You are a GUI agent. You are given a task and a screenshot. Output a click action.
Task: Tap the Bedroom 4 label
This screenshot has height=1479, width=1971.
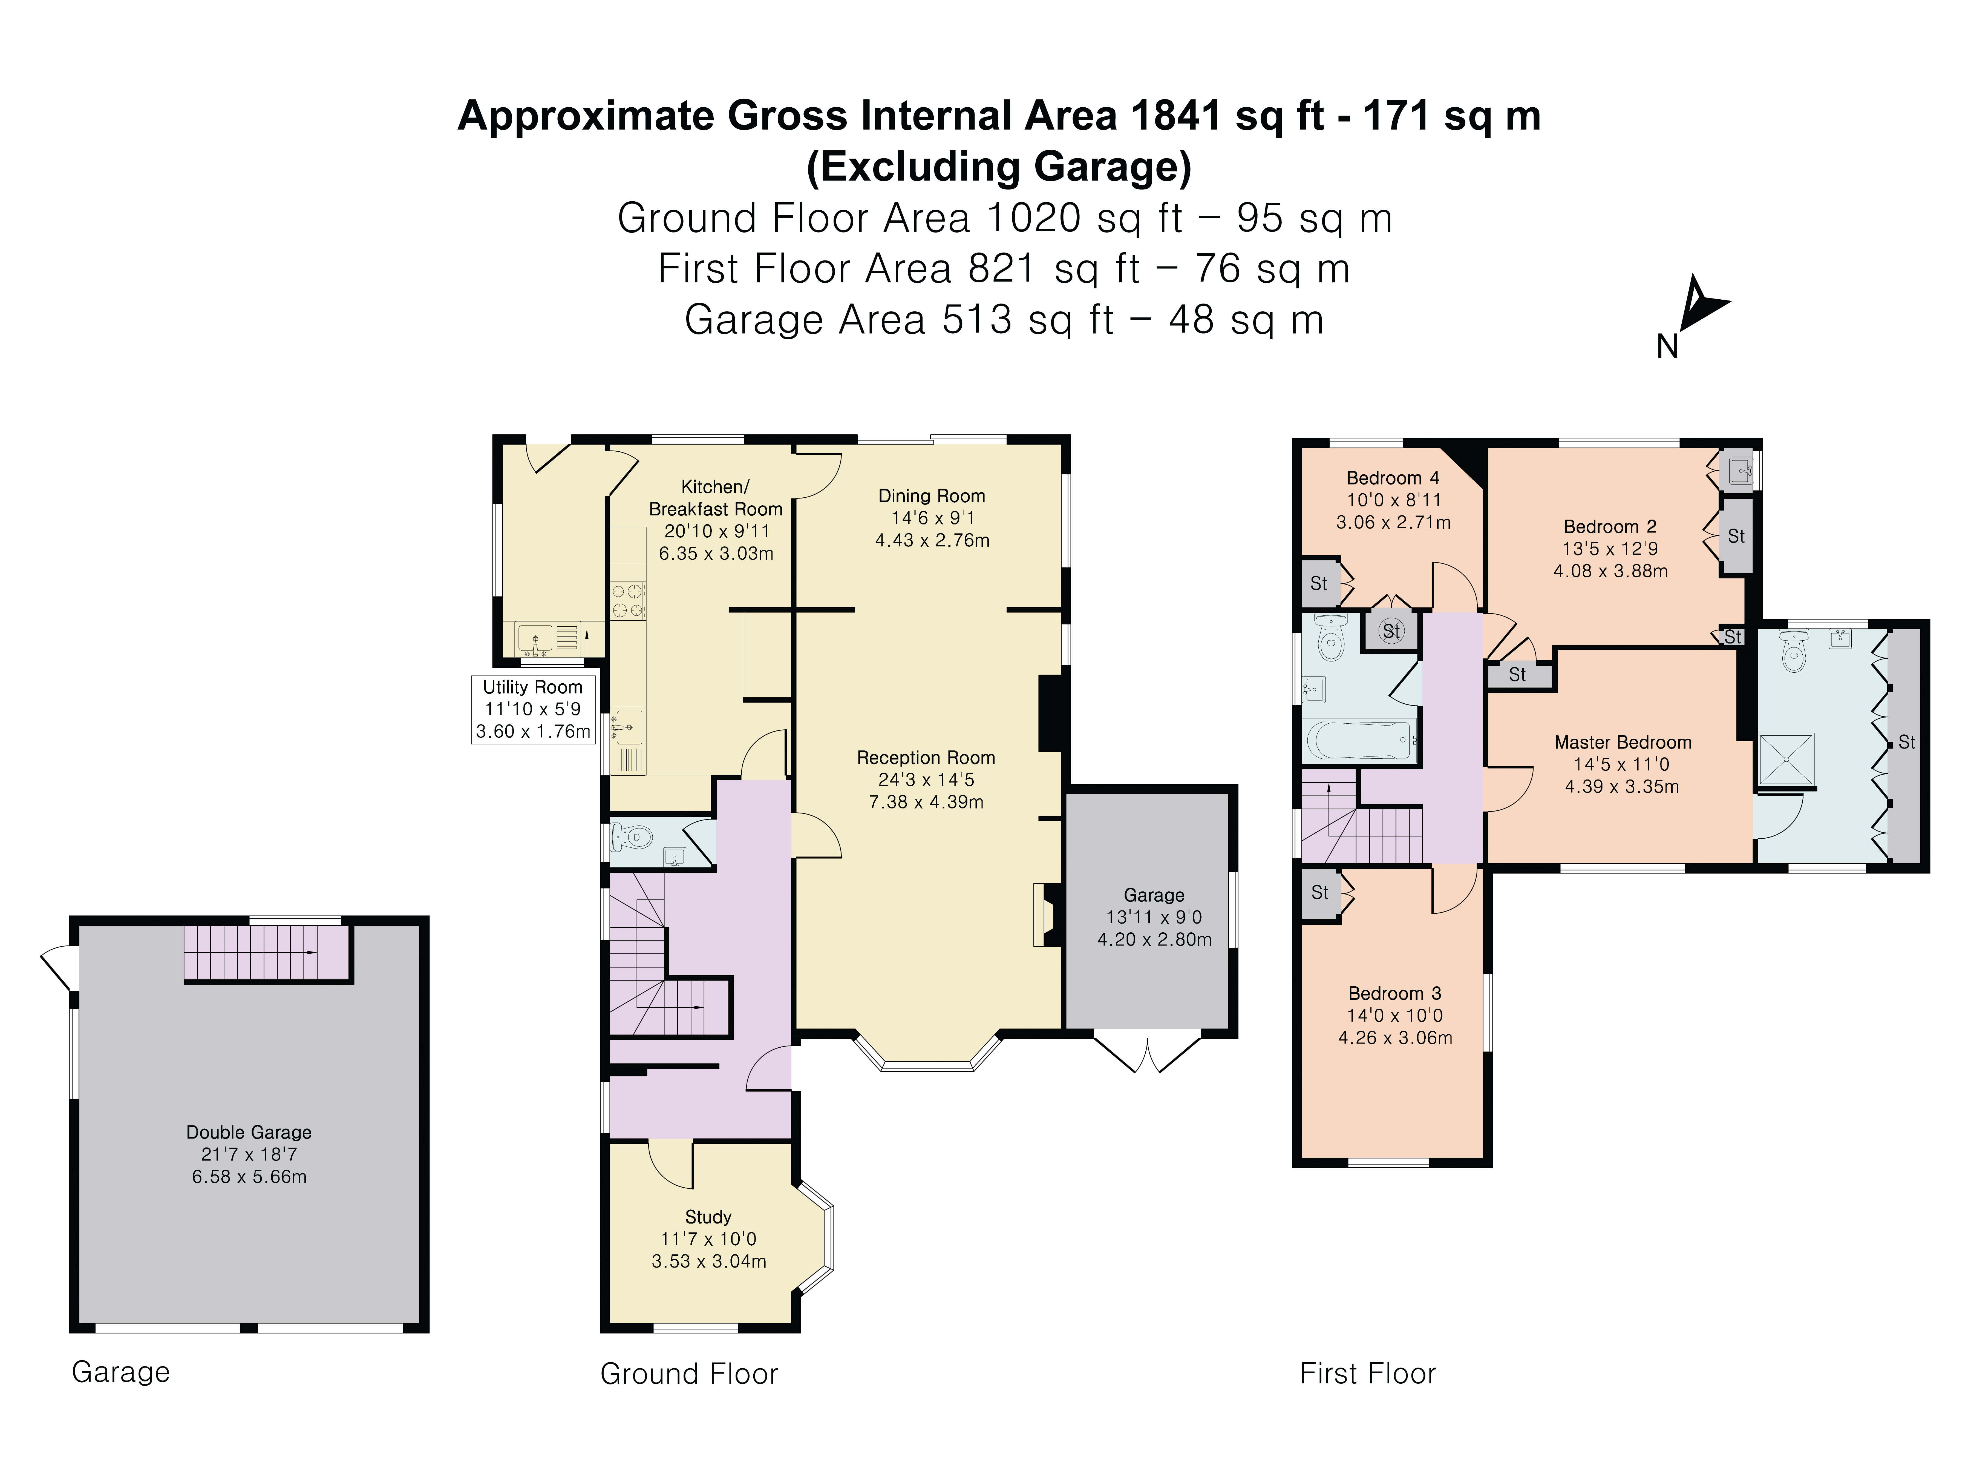1393,478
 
